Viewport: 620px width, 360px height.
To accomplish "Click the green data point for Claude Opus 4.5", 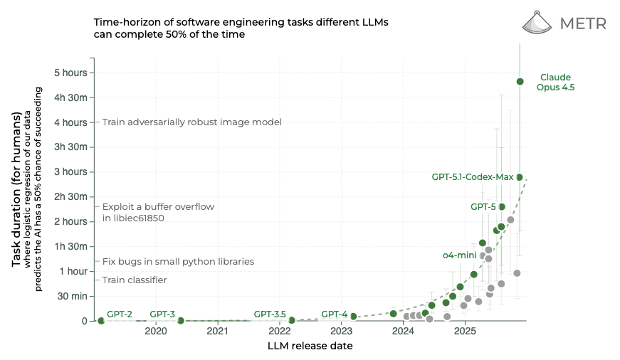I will click(x=520, y=82).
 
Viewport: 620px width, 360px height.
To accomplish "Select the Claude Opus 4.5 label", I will click(x=555, y=83).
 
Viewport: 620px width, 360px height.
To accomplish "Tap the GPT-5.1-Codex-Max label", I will click(x=472, y=176).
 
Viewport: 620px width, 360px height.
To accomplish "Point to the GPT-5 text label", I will click(x=483, y=207).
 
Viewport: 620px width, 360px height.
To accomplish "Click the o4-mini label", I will click(x=459, y=255).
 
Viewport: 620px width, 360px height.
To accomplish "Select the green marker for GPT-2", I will click(x=101, y=321).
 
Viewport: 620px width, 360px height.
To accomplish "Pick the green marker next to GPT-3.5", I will click(x=292, y=321).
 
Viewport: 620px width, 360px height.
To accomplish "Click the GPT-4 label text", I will click(x=334, y=314).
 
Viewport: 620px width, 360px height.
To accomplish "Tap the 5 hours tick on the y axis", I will click(x=71, y=73).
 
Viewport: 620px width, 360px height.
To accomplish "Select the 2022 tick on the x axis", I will click(x=280, y=332).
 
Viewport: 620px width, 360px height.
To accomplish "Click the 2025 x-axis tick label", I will click(x=465, y=332).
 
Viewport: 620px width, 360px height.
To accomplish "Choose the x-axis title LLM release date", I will click(x=310, y=346).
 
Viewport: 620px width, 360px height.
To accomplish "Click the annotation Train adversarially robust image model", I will click(x=191, y=122).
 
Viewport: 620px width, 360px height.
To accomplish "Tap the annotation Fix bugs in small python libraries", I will click(x=178, y=262).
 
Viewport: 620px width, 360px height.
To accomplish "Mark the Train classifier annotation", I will click(x=135, y=280).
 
